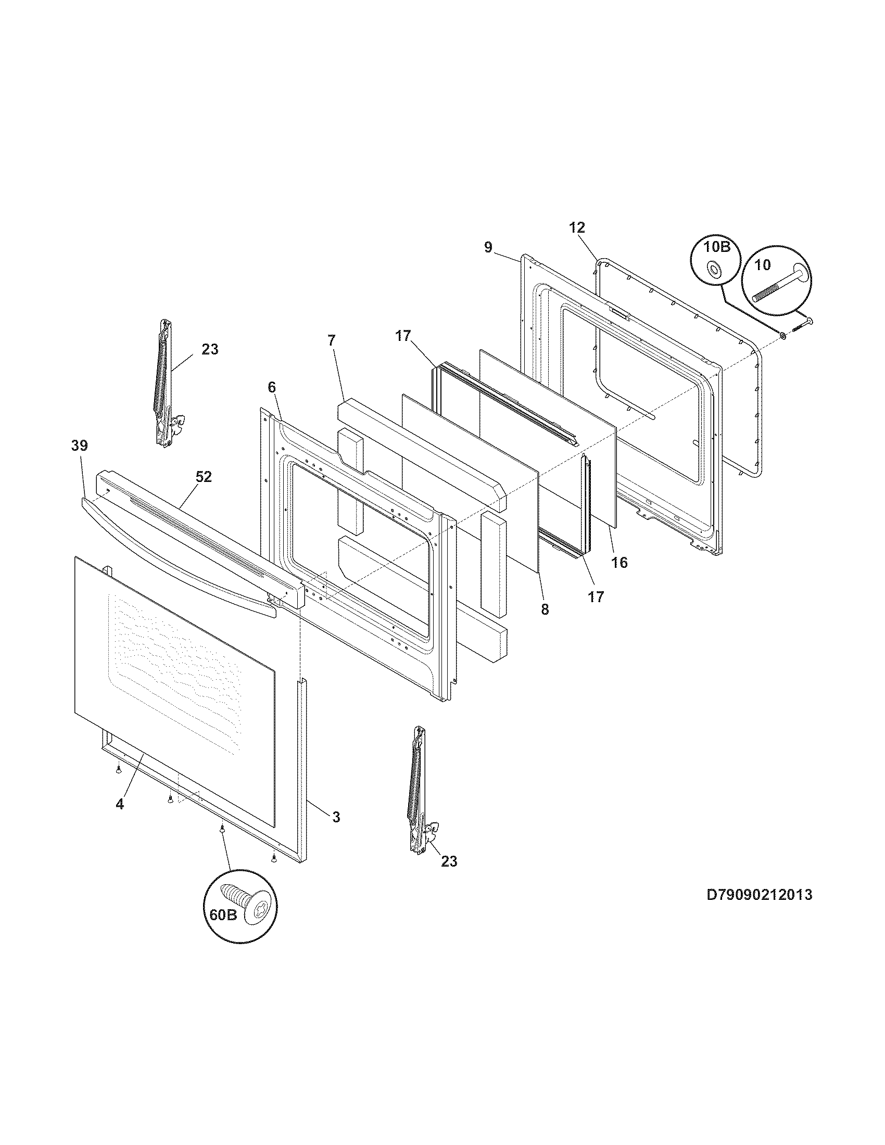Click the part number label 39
tap(80, 446)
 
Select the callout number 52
tap(204, 477)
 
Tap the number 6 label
tap(271, 387)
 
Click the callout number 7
tap(331, 340)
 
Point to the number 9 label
tap(488, 247)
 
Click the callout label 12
tap(577, 227)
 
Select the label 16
tap(619, 563)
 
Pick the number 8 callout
tap(545, 609)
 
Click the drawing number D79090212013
tap(760, 894)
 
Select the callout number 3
tap(336, 816)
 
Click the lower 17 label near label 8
tap(596, 596)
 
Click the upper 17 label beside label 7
tap(403, 336)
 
